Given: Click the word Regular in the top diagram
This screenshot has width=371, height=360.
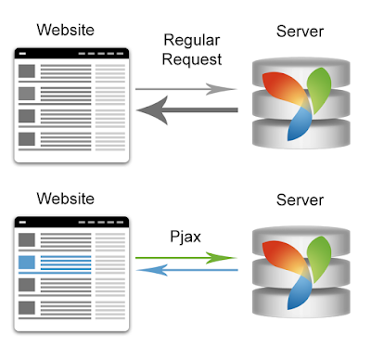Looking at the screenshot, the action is coord(192,41).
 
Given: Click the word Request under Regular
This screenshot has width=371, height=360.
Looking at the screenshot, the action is coord(192,59).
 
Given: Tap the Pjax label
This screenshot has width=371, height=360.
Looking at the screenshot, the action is coord(185,238).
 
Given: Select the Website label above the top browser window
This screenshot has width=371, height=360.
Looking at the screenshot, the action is coord(66,30).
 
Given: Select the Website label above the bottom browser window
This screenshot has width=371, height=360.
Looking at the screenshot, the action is coord(66,199).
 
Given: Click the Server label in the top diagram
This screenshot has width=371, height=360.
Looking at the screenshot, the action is coord(300,32).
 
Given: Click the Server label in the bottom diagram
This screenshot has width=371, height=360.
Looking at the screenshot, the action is coord(300,199).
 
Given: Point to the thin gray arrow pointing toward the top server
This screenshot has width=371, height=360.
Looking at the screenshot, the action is coord(186,89).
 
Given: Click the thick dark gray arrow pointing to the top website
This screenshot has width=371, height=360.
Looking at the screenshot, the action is coord(187,110).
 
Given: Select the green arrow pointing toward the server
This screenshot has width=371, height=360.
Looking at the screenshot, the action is coord(186,258).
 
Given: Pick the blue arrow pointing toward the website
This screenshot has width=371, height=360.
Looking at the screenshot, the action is coord(187,270).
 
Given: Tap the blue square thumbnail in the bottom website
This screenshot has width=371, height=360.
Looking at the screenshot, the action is coord(27,263).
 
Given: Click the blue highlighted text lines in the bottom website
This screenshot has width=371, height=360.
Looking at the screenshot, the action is coord(66,263).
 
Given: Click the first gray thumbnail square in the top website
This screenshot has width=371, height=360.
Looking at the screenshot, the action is coord(27,71).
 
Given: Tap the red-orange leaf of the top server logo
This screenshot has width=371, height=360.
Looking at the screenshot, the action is coord(285,89).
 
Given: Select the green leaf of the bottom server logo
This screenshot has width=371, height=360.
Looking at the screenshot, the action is coord(319,258).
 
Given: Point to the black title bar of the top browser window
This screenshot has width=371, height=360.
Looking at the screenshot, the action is coord(71,54).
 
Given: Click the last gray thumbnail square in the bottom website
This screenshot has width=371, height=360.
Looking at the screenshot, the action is coord(27,308).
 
